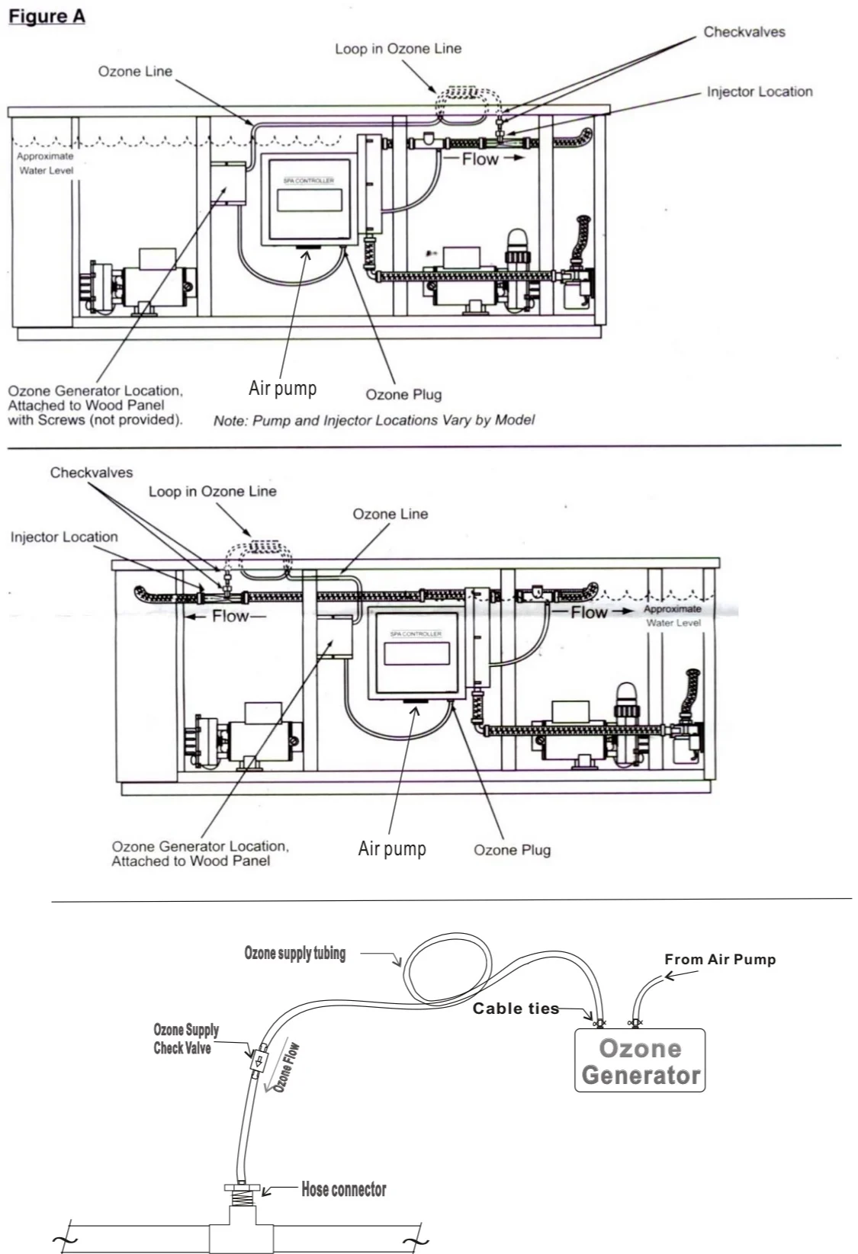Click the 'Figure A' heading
(47, 17)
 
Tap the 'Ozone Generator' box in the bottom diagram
(640, 1060)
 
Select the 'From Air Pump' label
(720, 960)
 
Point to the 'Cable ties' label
(516, 1009)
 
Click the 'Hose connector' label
(343, 1189)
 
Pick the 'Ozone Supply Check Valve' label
(185, 1039)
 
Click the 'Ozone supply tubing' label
(294, 953)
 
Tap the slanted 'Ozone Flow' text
(286, 1068)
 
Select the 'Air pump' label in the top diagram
(282, 388)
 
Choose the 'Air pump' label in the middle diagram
(392, 848)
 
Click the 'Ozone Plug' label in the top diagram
(403, 394)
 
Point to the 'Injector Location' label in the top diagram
(759, 91)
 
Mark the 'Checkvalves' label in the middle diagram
(92, 473)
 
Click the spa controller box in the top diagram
(309, 200)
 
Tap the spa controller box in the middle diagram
(416, 655)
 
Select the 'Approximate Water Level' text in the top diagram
(46, 163)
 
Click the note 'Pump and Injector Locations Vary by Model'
(374, 420)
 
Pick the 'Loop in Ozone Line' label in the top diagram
(398, 49)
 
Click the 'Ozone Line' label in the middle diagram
(390, 514)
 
